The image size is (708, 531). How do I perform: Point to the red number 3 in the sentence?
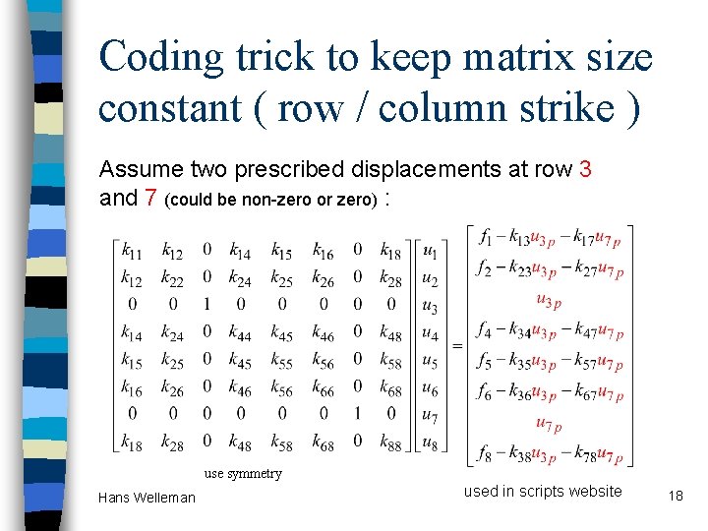click(586, 169)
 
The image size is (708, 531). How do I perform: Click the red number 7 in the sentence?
click(150, 198)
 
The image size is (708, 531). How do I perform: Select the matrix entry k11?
click(132, 253)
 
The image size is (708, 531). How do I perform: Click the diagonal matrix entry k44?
click(240, 334)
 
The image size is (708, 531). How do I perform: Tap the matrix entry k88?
click(390, 443)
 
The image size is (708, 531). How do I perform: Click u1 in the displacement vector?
click(431, 253)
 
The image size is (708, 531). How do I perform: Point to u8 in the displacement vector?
click(431, 443)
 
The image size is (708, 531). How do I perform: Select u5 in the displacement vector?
click(431, 361)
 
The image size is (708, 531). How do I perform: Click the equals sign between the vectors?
click(457, 346)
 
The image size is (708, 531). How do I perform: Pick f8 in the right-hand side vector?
click(486, 454)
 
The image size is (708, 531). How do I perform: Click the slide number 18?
click(674, 495)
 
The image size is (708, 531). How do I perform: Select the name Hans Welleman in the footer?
click(147, 498)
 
